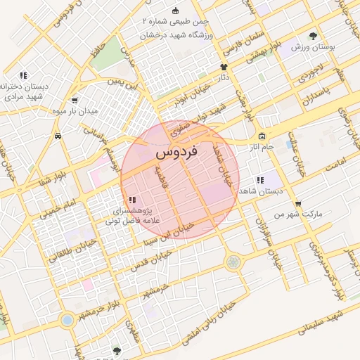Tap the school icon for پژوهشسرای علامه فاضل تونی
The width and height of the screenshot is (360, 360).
tap(133, 200)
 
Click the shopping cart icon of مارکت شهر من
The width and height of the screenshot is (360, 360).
tap(297, 203)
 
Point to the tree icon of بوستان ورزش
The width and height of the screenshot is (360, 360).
tap(313, 36)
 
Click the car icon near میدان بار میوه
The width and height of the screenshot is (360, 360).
tap(57, 134)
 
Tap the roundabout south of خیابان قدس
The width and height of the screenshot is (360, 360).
tap(233, 263)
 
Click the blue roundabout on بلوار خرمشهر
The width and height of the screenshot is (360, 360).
tap(67, 321)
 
